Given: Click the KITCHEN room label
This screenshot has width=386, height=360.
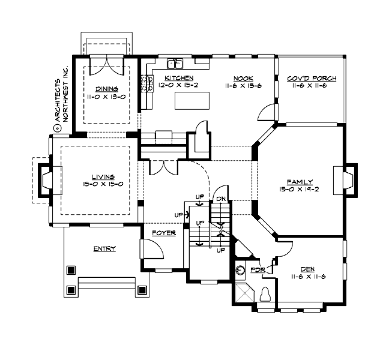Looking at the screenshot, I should [178, 79].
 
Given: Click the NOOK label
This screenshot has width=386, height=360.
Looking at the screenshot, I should [243, 79].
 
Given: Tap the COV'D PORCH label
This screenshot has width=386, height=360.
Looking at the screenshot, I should [311, 79].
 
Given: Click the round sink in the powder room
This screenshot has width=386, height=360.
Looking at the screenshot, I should [241, 271].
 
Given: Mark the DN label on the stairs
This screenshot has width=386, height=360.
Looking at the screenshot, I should [220, 199].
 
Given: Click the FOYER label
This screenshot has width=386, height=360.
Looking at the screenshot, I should [164, 233].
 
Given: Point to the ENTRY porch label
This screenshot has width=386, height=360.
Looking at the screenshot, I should [104, 248].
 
